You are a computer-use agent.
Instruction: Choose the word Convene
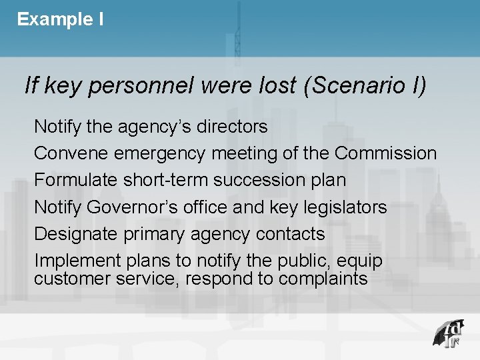(71, 153)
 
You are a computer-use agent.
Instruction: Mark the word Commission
(385, 153)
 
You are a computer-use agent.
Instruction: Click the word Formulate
(76, 180)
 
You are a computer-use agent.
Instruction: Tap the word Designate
(76, 234)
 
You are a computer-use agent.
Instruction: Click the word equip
(359, 261)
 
